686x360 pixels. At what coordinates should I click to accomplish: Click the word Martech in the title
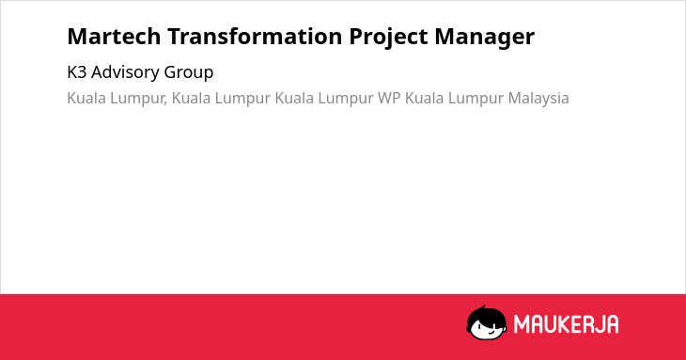[x=114, y=37]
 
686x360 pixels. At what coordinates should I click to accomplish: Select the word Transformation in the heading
[x=256, y=37]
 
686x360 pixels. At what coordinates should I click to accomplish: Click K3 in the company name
[x=77, y=72]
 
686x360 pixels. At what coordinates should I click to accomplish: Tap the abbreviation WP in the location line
[x=389, y=98]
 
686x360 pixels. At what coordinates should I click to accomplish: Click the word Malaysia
[x=538, y=99]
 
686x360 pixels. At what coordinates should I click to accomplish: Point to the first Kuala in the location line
[x=86, y=98]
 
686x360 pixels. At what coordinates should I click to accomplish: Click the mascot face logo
[x=487, y=322]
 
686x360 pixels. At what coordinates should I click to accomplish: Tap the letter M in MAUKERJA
[x=522, y=324]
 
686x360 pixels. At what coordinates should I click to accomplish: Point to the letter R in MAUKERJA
[x=587, y=324]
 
